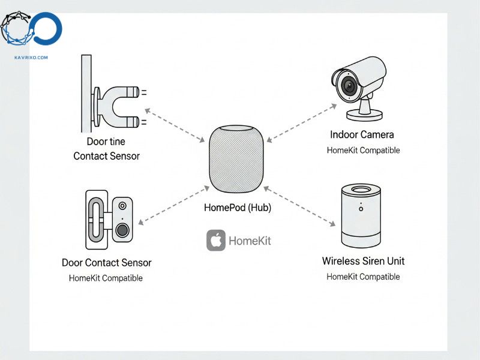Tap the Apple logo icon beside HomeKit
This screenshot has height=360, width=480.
coord(216,240)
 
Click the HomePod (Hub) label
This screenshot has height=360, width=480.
coord(238,208)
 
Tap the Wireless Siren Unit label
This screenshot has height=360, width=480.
coord(363,261)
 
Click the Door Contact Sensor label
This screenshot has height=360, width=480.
coord(106,263)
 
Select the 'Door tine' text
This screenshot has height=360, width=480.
coord(106,142)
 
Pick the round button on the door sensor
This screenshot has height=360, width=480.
coord(123,230)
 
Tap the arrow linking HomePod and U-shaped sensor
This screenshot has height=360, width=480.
coord(173,124)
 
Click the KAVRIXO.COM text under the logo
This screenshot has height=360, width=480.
coord(31,58)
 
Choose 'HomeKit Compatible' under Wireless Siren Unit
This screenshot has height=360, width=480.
coord(363,277)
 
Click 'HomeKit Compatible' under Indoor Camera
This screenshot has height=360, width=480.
coord(363,150)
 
